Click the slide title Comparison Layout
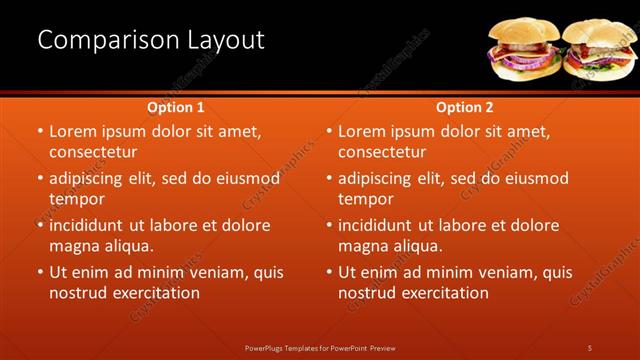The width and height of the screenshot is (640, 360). [x=151, y=40]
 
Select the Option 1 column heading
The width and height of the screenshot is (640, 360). [x=176, y=107]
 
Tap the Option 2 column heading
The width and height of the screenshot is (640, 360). [x=465, y=107]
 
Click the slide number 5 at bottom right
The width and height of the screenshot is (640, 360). [x=589, y=347]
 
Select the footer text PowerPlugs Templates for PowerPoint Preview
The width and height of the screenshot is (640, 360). [x=320, y=347]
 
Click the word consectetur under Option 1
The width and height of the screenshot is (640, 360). [x=93, y=152]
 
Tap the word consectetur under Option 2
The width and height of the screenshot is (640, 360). [x=382, y=152]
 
